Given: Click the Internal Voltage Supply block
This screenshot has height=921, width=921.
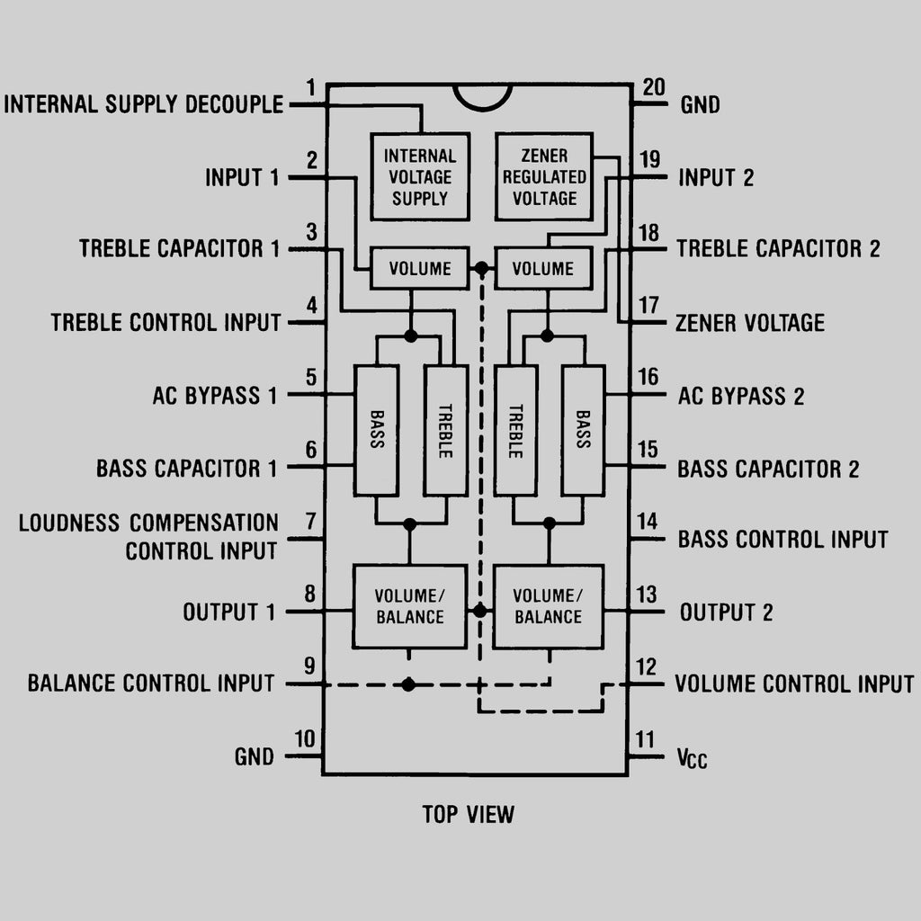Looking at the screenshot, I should pos(419,176).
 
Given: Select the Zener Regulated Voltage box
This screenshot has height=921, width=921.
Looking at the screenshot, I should pos(544,176).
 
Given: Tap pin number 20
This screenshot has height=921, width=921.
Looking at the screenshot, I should pos(654,87).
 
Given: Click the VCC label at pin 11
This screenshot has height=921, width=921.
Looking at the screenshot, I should pos(692,758).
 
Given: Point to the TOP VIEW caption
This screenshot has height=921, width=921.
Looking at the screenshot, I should pos(469,815).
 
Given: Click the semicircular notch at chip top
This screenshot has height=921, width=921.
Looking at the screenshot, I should pos(483,96).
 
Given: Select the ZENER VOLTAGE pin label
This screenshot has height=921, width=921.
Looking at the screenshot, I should pos(749,323).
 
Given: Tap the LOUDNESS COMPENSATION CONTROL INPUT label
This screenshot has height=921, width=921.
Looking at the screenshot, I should pos(148,537).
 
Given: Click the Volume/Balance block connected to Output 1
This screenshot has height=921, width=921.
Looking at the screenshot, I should pos(409,606).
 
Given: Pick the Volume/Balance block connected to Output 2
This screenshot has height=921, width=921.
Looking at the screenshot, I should pos(548,606).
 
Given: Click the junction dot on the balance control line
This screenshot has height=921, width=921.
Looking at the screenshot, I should pos(408,684).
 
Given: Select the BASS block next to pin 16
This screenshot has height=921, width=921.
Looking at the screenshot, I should pos(583,430).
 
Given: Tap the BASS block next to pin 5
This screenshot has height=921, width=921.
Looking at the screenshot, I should pos(376,430).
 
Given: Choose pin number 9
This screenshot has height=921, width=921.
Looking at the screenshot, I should pos(309,666).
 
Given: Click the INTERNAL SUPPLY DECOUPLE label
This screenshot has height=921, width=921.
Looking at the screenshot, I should pos(144,104).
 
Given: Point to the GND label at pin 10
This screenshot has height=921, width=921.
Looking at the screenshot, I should pos(255,756).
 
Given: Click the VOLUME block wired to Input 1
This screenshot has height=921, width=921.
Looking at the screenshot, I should pos(419,268).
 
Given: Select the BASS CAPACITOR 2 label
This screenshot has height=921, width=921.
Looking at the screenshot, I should pos(768,469).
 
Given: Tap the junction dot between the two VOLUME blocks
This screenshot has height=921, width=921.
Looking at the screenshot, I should pos(482,268).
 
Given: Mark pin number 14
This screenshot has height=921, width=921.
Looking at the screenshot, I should pos(648,522).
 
